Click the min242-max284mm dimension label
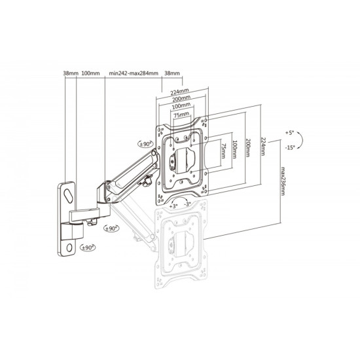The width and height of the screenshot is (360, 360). click(x=134, y=73)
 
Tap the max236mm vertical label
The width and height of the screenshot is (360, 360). click(x=283, y=181)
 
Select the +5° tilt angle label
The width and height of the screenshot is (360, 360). click(x=290, y=133)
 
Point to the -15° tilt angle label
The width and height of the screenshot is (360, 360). click(x=290, y=148)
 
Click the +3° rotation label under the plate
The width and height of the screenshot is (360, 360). click(x=173, y=206)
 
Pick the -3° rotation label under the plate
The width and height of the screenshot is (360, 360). click(x=187, y=204)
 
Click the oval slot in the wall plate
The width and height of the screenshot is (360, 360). click(x=69, y=196)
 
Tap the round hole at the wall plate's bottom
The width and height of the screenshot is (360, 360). click(x=69, y=247)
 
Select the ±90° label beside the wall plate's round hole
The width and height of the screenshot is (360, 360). click(x=88, y=247)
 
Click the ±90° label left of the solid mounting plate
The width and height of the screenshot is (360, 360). click(x=145, y=144)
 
